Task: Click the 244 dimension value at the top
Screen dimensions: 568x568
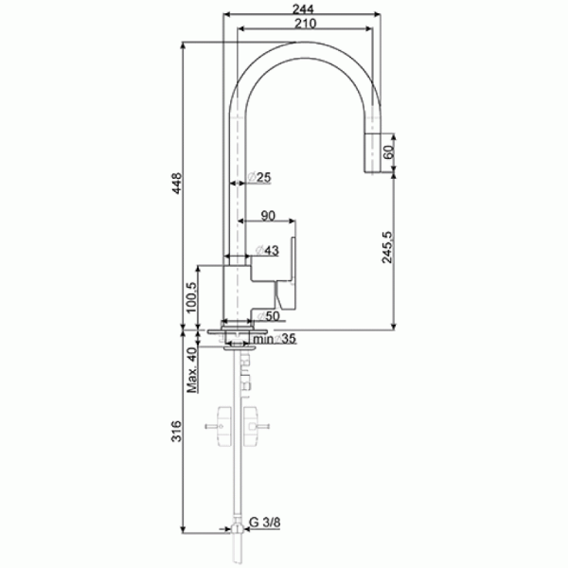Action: tap(303, 9)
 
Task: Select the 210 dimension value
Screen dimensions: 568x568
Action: tap(305, 24)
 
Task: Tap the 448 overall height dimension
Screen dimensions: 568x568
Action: tap(176, 184)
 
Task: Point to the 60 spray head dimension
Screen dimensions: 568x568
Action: tap(388, 152)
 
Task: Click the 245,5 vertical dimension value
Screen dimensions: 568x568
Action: tap(387, 247)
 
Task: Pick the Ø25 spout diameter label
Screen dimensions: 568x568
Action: tap(259, 178)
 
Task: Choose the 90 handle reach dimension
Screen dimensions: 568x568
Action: tap(268, 216)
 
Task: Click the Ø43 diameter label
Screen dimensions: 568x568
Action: tap(267, 250)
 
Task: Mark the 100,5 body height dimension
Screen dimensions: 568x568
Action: tap(191, 297)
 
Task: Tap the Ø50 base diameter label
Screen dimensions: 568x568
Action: tap(269, 316)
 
